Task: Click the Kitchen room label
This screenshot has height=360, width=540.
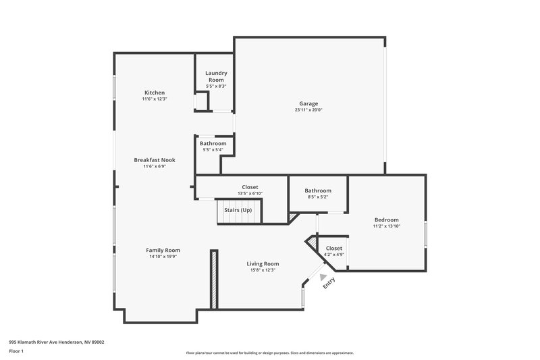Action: (x=155, y=93)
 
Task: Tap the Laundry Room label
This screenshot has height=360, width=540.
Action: (x=216, y=76)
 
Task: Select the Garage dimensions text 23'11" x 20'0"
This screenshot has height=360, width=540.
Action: (x=308, y=110)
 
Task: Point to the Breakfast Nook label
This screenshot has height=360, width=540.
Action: (x=155, y=159)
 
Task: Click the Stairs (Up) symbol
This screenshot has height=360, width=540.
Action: (x=238, y=211)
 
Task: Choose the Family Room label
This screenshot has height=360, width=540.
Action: (x=163, y=250)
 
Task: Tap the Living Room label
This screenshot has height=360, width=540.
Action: (x=262, y=263)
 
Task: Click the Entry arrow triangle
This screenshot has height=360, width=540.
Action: (x=323, y=276)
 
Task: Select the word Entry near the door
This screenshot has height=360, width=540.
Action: (x=329, y=284)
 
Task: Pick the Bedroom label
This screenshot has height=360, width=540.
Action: (x=387, y=220)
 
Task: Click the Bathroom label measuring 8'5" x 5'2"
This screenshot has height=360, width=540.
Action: (x=318, y=190)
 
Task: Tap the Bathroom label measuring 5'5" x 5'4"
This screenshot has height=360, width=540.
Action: (x=213, y=143)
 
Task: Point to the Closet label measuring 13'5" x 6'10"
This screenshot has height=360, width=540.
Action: (x=250, y=187)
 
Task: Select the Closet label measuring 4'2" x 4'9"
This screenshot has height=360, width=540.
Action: (x=334, y=248)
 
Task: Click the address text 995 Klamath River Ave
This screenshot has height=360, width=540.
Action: (x=56, y=342)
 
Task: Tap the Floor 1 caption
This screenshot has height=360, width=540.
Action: (x=16, y=352)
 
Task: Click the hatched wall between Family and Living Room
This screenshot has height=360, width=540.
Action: (x=213, y=280)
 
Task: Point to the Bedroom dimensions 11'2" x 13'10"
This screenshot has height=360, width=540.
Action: (x=387, y=226)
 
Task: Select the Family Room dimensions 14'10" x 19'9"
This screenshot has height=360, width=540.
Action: (x=163, y=257)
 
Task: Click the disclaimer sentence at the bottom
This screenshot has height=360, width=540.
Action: (x=269, y=353)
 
